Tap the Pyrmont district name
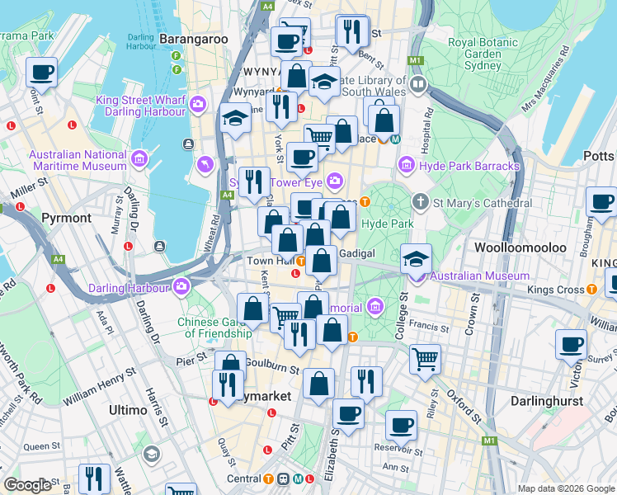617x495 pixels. pos(66,218)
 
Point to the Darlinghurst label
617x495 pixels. pos(545,401)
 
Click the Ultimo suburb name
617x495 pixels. pos(128,409)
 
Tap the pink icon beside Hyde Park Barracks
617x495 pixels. pos(406,166)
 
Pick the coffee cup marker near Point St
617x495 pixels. pos(41,72)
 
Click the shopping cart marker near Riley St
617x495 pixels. pos(425,358)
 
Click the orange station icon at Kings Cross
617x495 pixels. pos(592,290)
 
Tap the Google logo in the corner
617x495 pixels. pos(26,485)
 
